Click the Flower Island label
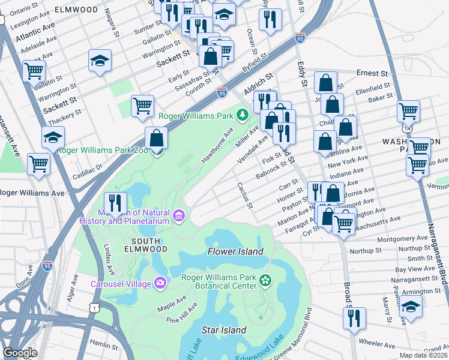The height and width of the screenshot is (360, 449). click(235, 251)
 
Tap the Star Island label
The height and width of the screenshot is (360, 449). click(224, 330)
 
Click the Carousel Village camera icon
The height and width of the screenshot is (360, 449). click(160, 282)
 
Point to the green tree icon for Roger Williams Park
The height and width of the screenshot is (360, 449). click(243, 114)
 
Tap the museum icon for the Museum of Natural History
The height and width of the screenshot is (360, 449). click(179, 215)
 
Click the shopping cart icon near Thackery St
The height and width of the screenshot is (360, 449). click(142, 106)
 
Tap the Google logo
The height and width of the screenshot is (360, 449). click(20, 353)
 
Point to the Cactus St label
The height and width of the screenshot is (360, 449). click(245, 196)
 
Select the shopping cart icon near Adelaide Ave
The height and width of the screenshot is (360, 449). click(34, 71)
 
